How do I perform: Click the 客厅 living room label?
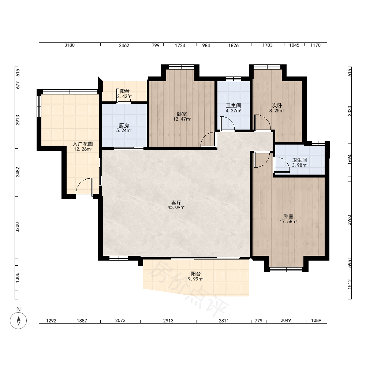(176, 203)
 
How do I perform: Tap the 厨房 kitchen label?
(124, 126)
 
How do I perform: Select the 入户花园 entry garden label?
(83, 144)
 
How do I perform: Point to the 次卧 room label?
(277, 105)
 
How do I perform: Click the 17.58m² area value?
(288, 221)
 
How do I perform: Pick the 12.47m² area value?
(182, 119)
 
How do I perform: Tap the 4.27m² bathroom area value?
(234, 111)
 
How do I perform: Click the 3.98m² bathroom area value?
(300, 165)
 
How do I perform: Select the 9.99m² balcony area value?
(195, 279)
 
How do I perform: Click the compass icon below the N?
(18, 321)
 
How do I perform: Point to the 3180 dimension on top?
(70, 45)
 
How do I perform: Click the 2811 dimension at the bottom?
(224, 321)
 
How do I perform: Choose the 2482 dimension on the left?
(18, 172)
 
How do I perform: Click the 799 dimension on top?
(156, 45)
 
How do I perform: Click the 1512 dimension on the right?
(350, 284)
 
